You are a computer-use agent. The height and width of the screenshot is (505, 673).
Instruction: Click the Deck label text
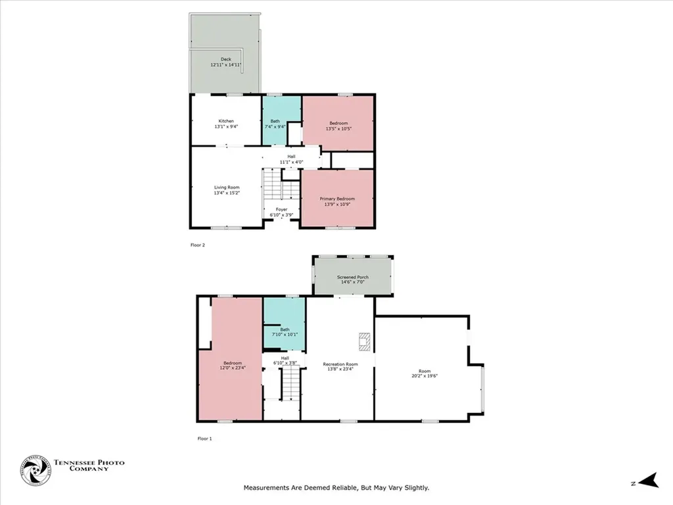[225, 59]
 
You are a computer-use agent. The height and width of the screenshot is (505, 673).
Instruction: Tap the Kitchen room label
[226, 121]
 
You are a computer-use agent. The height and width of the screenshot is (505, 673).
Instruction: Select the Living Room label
[226, 187]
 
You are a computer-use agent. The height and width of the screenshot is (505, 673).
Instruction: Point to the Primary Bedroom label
[337, 199]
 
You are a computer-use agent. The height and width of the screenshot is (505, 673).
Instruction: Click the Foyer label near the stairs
[281, 210]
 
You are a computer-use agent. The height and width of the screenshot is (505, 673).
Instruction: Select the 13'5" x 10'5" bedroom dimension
[339, 129]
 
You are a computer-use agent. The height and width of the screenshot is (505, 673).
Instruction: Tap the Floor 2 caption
[198, 245]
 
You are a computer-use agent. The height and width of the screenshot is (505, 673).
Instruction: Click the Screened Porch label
[353, 277]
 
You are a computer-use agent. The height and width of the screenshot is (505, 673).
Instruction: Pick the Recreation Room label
[340, 364]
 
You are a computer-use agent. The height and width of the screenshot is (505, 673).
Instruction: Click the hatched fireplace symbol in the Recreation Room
[363, 340]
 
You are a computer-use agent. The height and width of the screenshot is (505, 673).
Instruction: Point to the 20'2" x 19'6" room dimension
[425, 376]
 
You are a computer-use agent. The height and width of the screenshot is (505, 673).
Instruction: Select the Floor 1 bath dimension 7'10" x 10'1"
[285, 335]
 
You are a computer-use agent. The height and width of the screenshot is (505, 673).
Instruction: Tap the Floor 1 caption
[204, 438]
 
